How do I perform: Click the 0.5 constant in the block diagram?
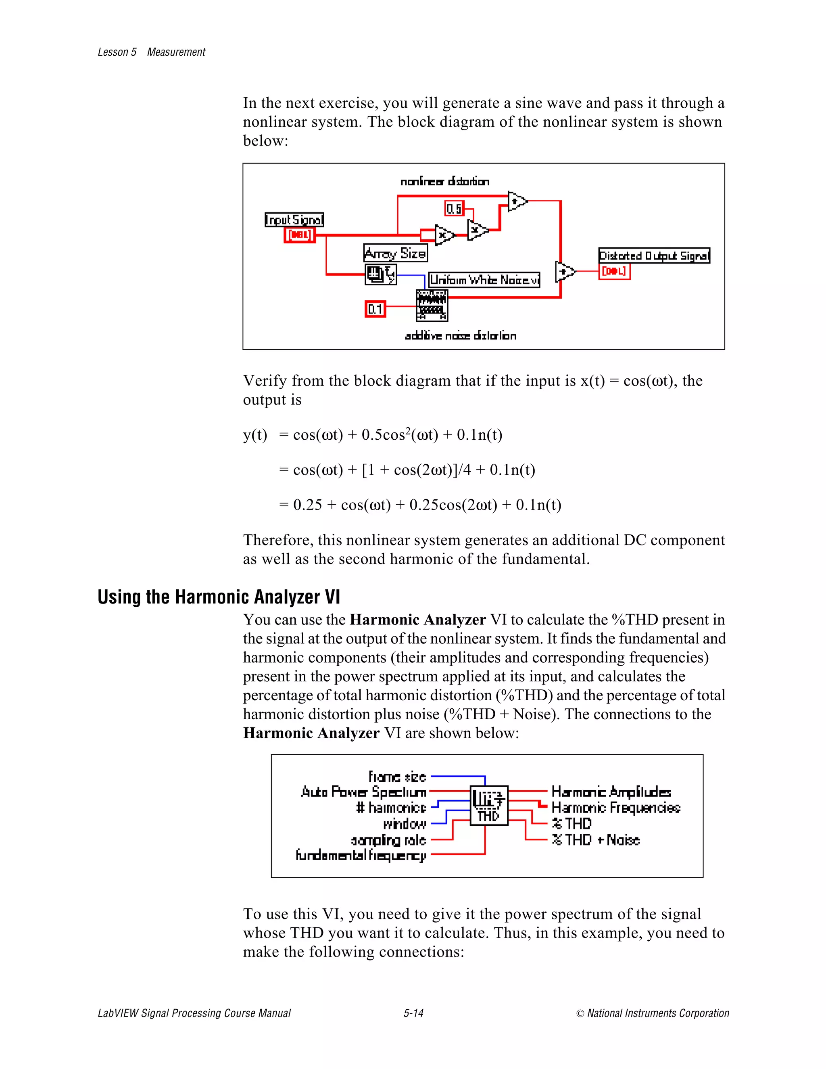pos(454,209)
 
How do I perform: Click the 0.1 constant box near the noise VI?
pos(375,309)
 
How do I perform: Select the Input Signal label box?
pos(294,219)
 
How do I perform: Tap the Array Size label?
pos(395,253)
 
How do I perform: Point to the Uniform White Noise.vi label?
pos(484,280)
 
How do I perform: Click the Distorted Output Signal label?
pos(654,255)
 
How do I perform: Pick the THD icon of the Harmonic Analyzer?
pos(488,805)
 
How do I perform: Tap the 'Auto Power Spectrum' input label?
pos(363,792)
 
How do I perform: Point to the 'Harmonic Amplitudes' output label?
pos(611,791)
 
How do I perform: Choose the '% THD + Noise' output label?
pos(596,839)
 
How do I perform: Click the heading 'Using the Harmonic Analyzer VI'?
pos(219,597)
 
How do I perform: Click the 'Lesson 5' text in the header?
pos(117,52)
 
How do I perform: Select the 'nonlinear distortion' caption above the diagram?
pos(444,182)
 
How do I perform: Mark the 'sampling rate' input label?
pos(388,840)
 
